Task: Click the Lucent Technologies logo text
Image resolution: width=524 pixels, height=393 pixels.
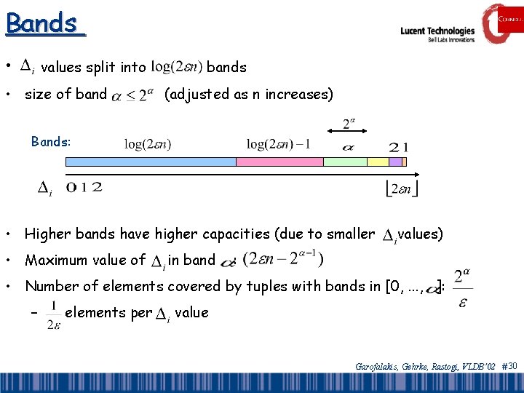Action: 437,32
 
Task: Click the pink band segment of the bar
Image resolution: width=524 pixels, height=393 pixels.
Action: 279,162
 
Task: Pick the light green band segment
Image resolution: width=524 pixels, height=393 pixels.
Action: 344,162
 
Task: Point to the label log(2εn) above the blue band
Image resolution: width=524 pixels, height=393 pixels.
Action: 148,144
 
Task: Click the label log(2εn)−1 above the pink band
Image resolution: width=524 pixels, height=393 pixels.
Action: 278,144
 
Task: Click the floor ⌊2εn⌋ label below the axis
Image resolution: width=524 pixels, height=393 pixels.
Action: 401,189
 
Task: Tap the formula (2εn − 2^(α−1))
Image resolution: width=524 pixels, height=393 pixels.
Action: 284,259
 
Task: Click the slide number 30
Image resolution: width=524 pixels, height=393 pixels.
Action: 512,365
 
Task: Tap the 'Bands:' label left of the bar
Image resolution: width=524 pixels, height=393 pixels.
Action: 51,142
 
